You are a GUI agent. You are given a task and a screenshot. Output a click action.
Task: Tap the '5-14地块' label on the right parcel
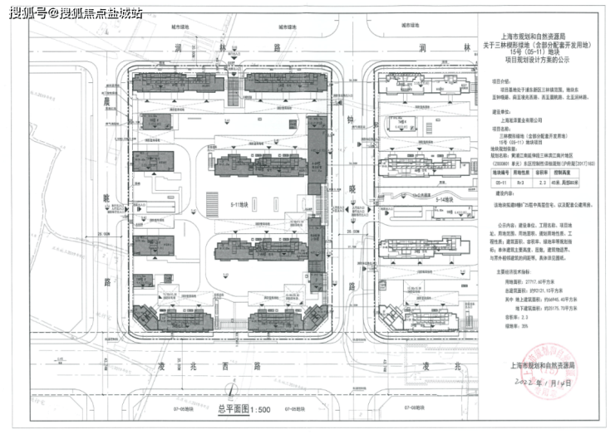pos(446,200)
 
